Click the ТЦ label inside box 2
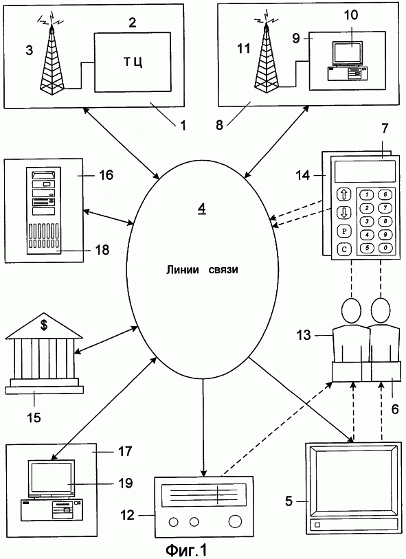click(133, 62)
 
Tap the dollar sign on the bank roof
click(44, 325)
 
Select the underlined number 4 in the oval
click(202, 209)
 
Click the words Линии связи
click(202, 270)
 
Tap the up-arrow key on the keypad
click(344, 194)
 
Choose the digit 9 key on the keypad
click(385, 235)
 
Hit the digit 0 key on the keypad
click(385, 247)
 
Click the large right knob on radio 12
click(235, 521)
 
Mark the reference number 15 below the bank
click(34, 417)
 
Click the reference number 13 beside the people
click(304, 335)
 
